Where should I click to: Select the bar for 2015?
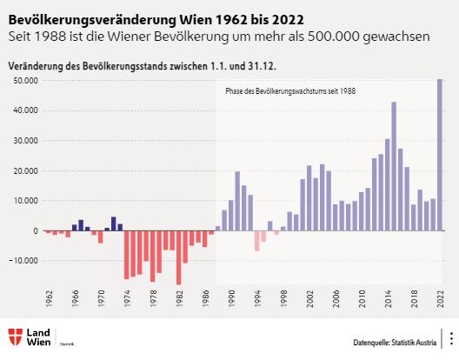coord(394,166)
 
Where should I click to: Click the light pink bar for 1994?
coord(256,241)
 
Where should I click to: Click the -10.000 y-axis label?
coord(23,261)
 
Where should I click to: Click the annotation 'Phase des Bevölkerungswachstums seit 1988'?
coord(290,90)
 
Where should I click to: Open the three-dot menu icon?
coord(450,338)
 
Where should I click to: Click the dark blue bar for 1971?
coord(114,223)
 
